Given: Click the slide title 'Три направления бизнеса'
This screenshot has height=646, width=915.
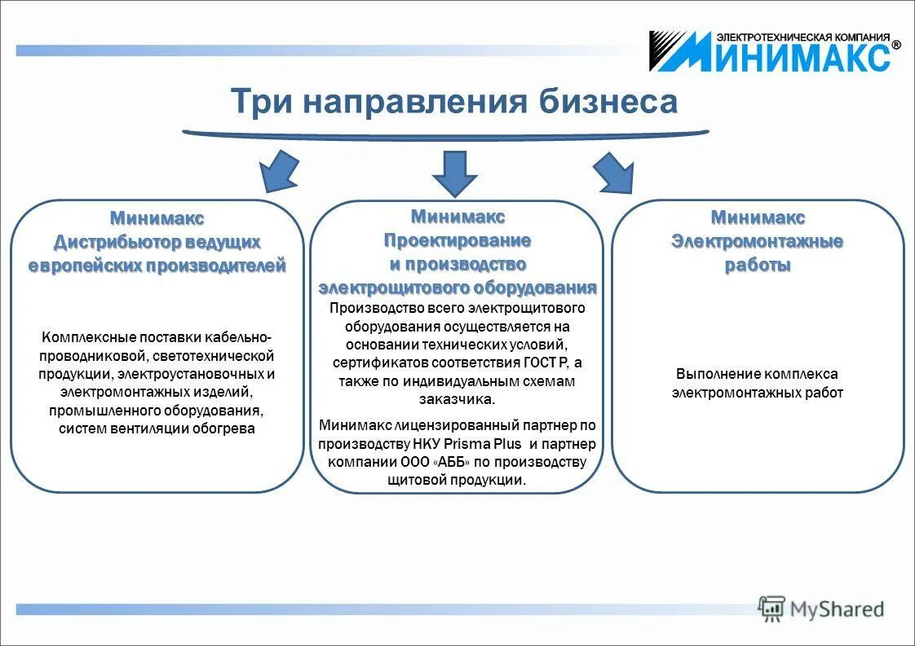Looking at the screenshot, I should (453, 102).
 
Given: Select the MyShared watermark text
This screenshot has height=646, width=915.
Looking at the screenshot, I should (836, 609).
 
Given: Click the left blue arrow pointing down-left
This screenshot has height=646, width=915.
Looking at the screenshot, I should (277, 172).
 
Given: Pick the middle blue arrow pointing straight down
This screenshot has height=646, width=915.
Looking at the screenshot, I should (454, 172).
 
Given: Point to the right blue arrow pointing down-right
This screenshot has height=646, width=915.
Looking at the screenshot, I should (614, 172).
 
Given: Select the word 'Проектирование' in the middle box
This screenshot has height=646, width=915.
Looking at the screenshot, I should (457, 240).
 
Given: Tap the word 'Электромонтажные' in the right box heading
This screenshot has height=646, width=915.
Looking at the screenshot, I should (757, 242).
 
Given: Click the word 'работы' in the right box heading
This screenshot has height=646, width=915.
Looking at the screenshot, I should (757, 266).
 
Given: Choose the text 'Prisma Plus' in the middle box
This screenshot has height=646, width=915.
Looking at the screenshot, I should (489, 444).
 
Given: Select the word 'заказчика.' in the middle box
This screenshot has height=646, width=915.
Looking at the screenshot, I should (457, 399).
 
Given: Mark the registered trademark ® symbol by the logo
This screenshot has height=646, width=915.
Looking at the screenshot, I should (895, 46).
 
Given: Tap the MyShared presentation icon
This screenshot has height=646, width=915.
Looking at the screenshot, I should (771, 608).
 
